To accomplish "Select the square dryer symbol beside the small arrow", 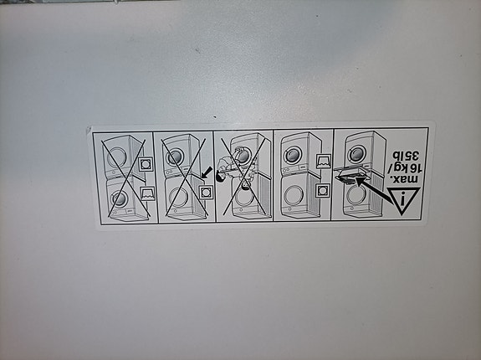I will [207, 191].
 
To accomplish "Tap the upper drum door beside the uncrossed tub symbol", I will [294, 154].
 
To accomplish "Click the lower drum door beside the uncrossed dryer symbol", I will [293, 196].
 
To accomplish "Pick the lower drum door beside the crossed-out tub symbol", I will [118, 198].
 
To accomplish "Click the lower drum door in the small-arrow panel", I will [177, 198].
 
